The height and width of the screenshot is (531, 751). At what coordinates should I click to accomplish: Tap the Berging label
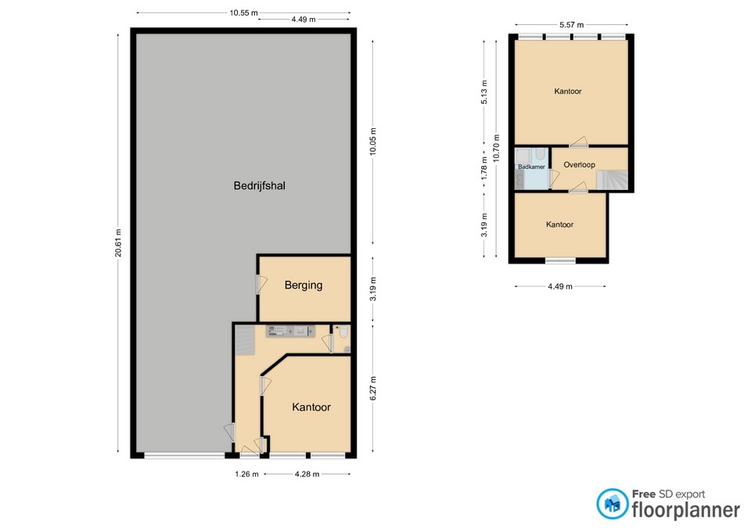click(304, 285)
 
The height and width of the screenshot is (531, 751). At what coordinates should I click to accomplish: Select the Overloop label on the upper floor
click(579, 165)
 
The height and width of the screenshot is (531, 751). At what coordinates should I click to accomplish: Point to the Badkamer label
click(531, 167)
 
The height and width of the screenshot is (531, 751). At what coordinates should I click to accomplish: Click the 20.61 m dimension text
click(119, 242)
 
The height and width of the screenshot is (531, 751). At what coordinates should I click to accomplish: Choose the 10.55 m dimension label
click(245, 13)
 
